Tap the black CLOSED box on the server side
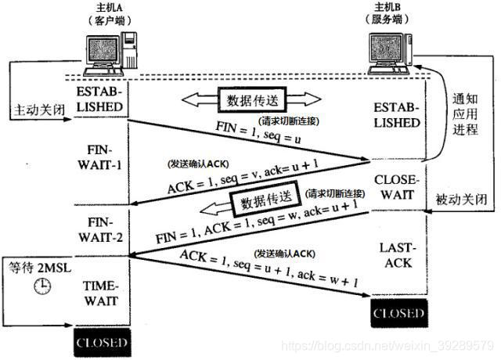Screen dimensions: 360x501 (x=398, y=315)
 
